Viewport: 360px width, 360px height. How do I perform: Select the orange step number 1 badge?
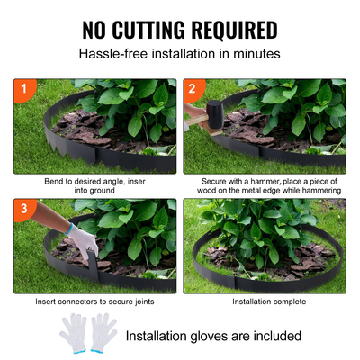coord(22,89)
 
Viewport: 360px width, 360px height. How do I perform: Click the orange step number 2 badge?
coord(192,89)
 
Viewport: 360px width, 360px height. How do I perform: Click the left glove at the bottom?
coord(74,334)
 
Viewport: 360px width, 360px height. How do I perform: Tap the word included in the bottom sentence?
coord(274,337)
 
